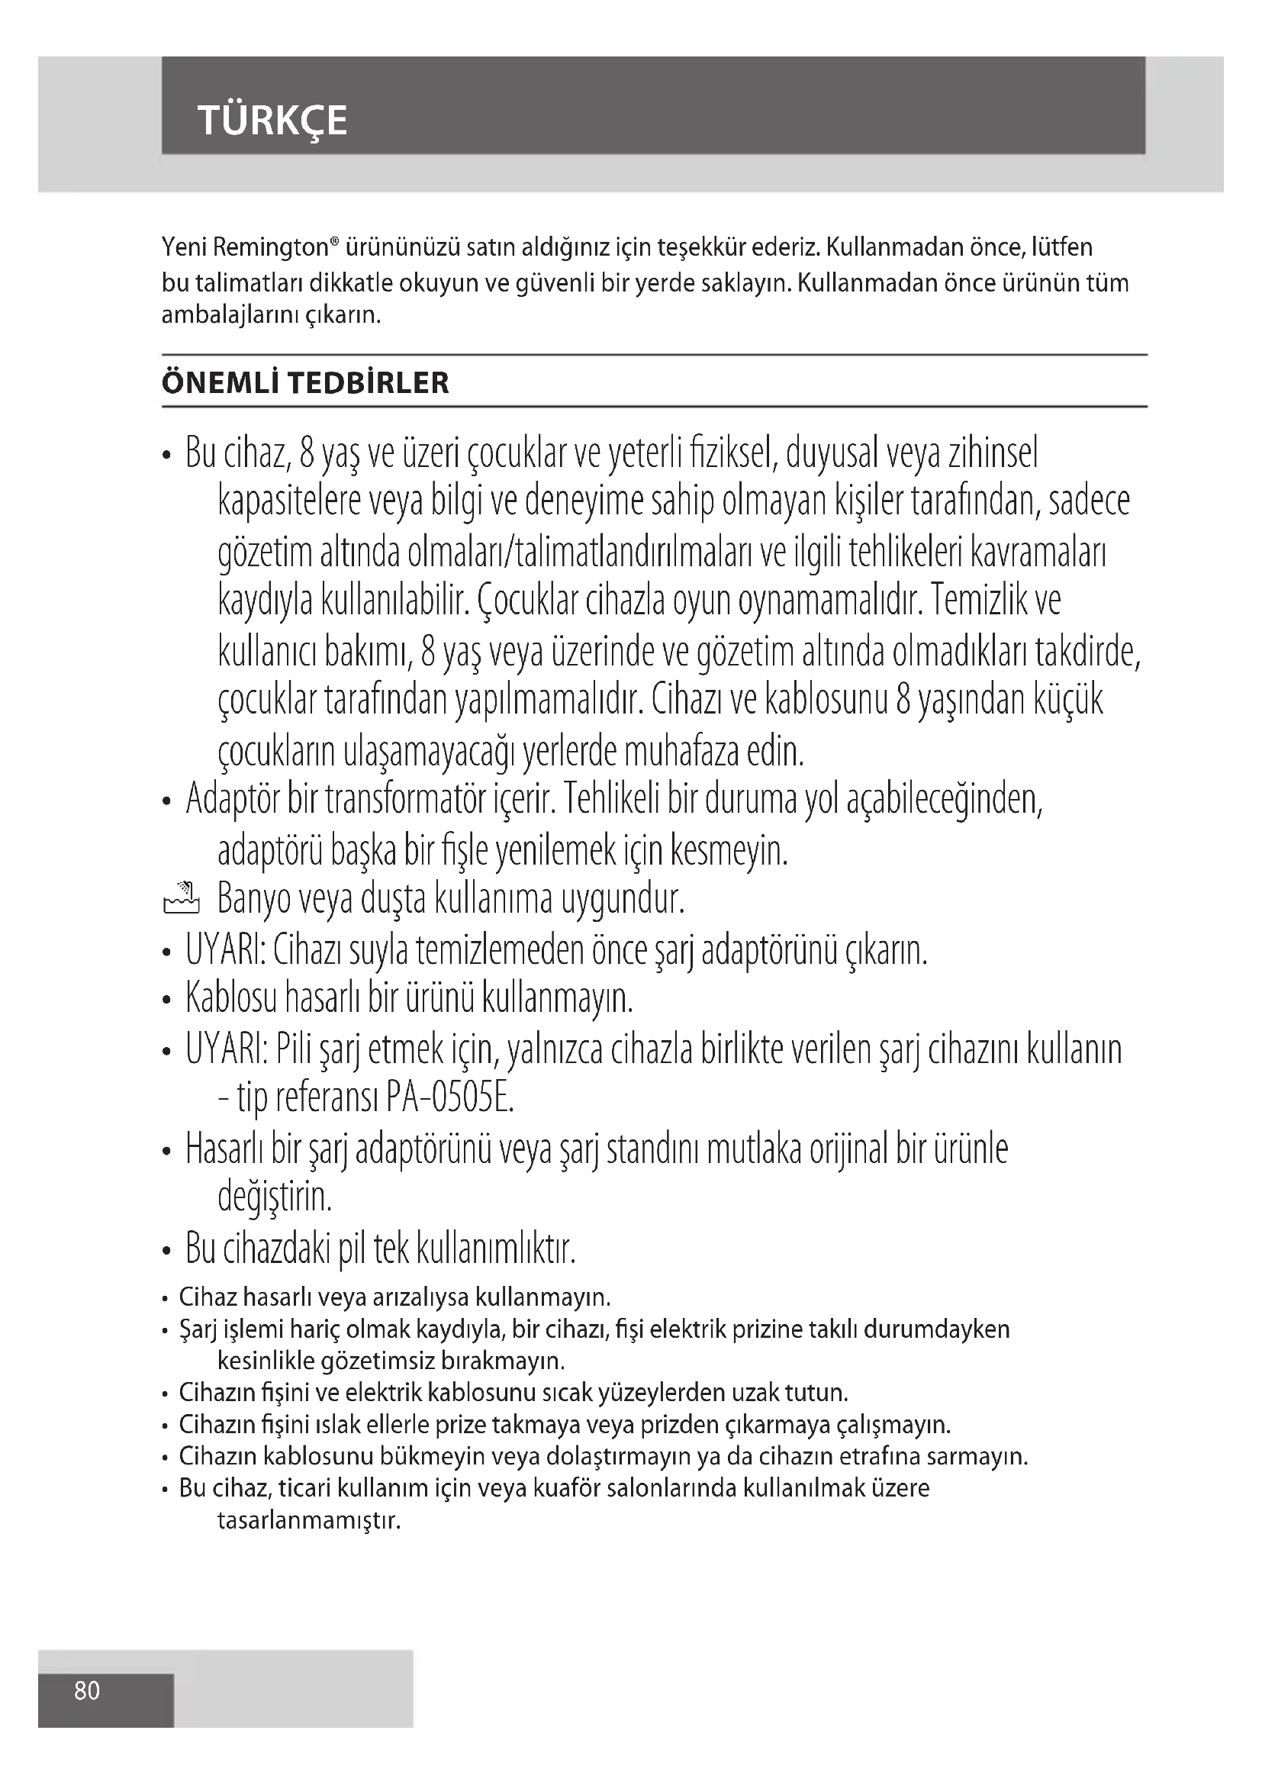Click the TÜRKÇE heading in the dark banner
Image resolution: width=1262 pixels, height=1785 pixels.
(x=272, y=121)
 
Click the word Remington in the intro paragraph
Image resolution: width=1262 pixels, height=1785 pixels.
(x=270, y=248)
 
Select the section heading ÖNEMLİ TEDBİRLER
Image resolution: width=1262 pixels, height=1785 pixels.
(x=304, y=383)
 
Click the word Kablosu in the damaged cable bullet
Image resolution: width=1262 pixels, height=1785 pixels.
(x=230, y=998)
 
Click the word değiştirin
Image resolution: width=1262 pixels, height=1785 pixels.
(x=275, y=1198)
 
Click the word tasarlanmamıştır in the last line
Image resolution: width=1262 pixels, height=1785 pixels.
(x=308, y=1521)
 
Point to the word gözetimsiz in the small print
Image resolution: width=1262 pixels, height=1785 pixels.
(x=376, y=1361)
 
